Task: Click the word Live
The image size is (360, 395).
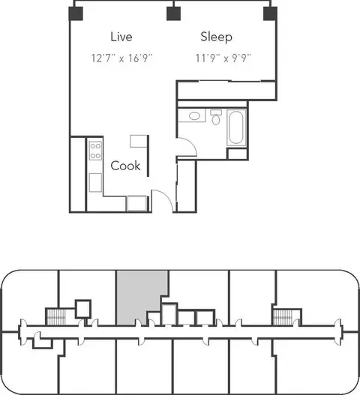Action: pyautogui.click(x=121, y=37)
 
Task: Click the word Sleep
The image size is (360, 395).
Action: pyautogui.click(x=216, y=37)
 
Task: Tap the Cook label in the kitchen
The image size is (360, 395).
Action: pyautogui.click(x=125, y=166)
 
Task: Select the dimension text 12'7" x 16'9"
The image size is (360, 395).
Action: pyautogui.click(x=121, y=58)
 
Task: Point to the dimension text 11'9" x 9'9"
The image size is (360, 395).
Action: pyautogui.click(x=223, y=58)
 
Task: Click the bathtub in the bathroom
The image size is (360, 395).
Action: pyautogui.click(x=236, y=127)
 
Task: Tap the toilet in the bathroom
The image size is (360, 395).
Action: pyautogui.click(x=216, y=117)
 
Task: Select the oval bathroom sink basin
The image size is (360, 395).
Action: pyautogui.click(x=194, y=116)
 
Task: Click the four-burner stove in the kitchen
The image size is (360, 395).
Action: pyautogui.click(x=95, y=151)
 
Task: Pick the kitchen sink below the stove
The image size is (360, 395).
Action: pyautogui.click(x=95, y=182)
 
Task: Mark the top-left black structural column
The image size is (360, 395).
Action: pyautogui.click(x=76, y=13)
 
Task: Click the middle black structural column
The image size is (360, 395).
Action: pyautogui.click(x=173, y=13)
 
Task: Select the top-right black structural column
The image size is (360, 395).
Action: pyautogui.click(x=270, y=13)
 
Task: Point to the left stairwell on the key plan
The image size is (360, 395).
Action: pyautogui.click(x=56, y=317)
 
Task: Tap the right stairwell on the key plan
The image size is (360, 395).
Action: pyautogui.click(x=283, y=317)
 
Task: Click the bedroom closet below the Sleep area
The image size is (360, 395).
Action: pyautogui.click(x=226, y=90)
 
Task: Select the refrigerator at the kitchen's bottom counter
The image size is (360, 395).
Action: pyautogui.click(x=136, y=203)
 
